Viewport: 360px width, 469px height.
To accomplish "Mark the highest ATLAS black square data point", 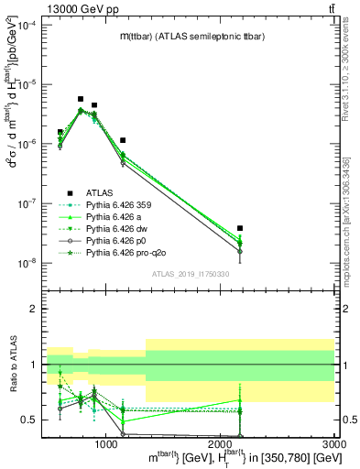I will pyautogui.click(x=81, y=99).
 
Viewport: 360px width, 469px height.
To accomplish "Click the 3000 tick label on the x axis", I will pyautogui.click(x=333, y=444).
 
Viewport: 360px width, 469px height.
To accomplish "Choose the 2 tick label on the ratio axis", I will pyautogui.click(x=34, y=309).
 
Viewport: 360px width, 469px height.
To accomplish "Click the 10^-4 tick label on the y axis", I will pyautogui.click(x=28, y=24).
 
